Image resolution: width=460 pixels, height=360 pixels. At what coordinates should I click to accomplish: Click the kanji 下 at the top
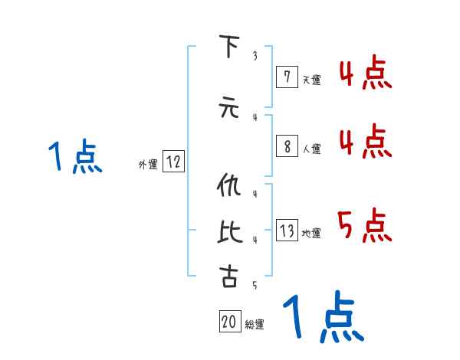[228, 46]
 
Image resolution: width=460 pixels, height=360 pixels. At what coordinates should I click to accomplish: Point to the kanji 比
[228, 231]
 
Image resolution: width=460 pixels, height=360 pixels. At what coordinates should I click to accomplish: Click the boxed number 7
[286, 77]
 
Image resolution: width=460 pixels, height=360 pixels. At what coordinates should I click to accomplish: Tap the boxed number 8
[286, 147]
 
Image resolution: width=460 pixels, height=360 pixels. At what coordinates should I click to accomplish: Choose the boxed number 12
[173, 162]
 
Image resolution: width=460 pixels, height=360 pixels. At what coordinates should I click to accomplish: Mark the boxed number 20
[229, 322]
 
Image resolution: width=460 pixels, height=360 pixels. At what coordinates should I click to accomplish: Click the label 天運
[311, 79]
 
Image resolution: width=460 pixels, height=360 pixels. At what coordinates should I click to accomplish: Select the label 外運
[147, 164]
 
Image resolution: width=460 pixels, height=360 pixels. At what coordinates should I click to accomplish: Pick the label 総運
[255, 325]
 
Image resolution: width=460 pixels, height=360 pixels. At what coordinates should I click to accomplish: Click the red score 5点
[364, 224]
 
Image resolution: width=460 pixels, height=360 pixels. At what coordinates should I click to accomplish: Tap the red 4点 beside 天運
[364, 74]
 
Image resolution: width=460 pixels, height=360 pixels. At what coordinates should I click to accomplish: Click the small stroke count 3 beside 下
[254, 56]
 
